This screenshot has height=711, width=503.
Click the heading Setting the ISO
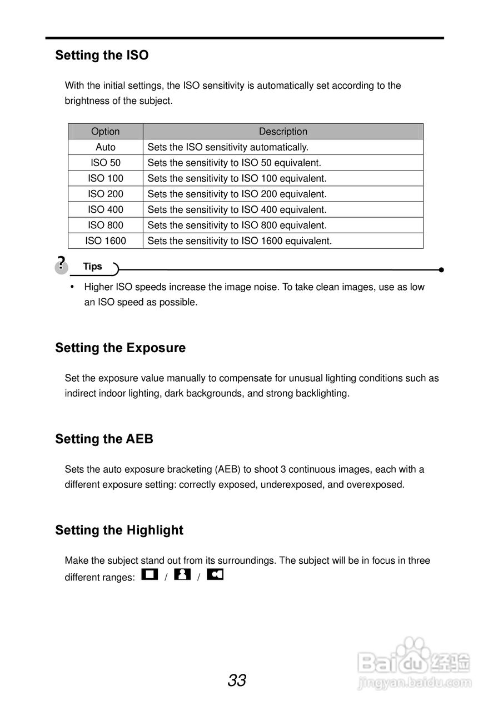(102, 56)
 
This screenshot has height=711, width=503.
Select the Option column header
(105, 132)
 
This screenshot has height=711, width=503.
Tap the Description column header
(283, 132)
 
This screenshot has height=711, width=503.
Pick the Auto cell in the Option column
(105, 147)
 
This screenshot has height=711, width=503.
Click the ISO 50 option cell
(105, 163)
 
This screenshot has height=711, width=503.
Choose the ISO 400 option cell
(105, 209)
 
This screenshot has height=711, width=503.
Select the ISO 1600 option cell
(105, 241)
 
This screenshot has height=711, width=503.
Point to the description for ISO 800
(237, 225)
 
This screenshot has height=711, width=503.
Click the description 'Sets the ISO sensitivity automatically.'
(228, 147)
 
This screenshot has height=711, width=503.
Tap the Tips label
(93, 267)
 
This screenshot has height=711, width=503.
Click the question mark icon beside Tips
(61, 264)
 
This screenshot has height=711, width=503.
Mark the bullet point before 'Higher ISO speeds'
(72, 287)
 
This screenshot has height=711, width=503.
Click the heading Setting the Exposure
(120, 348)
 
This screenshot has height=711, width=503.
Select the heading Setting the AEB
(104, 439)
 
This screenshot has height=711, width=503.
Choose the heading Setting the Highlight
(119, 530)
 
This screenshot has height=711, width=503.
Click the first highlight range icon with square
(150, 574)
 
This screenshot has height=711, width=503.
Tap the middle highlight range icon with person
(182, 574)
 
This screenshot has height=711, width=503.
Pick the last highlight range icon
(215, 574)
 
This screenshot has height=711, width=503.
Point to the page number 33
(237, 680)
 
